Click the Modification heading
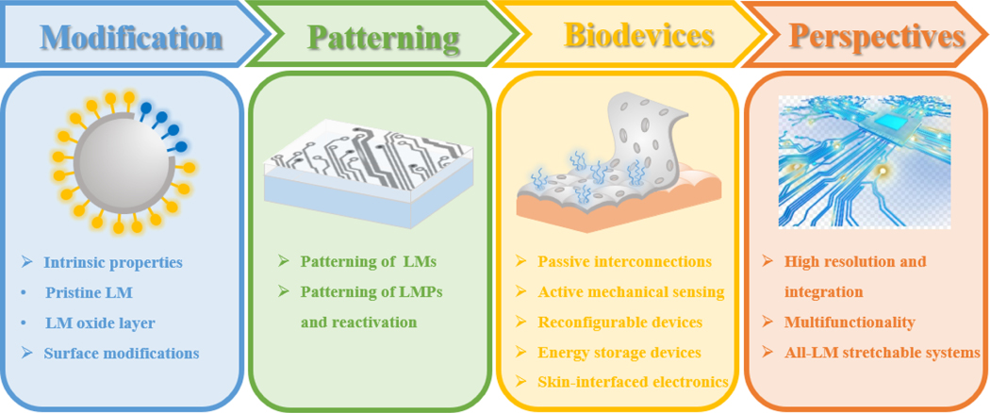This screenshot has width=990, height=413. click(132, 37)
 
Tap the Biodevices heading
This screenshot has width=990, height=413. click(639, 36)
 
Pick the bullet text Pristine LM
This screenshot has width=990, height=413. click(89, 293)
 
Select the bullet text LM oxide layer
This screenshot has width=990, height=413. click(100, 323)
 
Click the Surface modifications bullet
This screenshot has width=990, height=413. click(122, 353)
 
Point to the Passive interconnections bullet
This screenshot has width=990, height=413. click(624, 261)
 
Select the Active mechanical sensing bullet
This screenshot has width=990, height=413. click(631, 291)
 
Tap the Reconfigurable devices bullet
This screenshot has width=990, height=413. click(620, 322)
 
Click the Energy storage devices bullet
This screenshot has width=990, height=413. click(619, 352)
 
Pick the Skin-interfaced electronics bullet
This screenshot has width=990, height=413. click(634, 382)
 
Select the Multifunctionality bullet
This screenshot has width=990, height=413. click(850, 322)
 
